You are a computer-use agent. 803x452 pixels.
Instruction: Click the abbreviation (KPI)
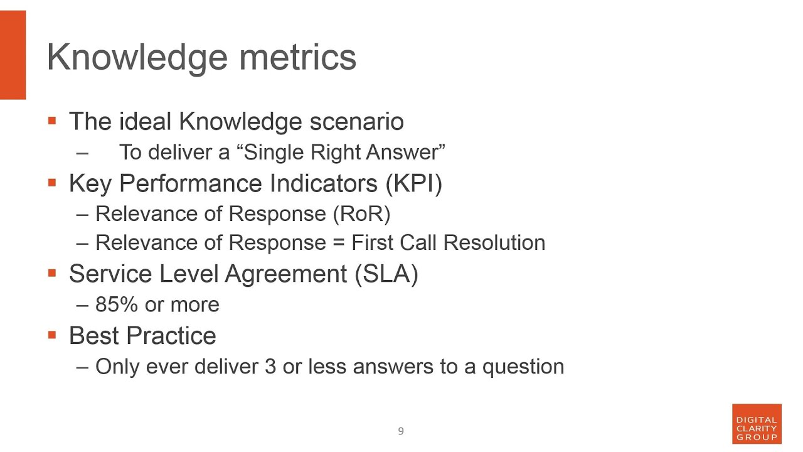tap(414, 183)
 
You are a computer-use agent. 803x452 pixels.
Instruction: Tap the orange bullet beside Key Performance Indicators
tap(52, 183)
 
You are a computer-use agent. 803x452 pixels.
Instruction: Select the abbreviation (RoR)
tap(361, 213)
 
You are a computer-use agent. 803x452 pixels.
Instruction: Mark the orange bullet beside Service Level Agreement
tap(52, 273)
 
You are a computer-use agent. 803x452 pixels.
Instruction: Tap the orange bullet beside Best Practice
tap(52, 335)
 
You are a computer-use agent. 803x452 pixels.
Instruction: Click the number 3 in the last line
tap(270, 367)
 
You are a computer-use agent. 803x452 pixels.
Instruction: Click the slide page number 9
tap(401, 431)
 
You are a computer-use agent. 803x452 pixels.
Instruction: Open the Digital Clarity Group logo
tap(757, 424)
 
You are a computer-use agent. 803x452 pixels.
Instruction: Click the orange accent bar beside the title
tap(13, 55)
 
